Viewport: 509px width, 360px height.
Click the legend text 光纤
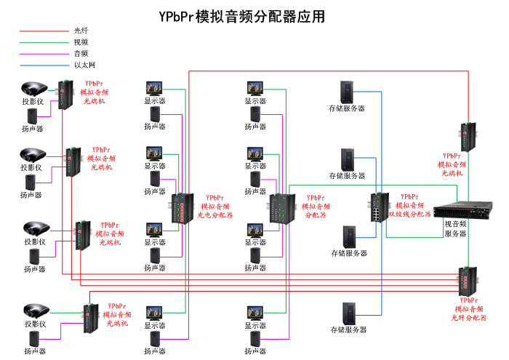81,31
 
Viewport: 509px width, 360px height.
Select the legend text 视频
81,42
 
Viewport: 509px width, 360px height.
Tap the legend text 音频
81,53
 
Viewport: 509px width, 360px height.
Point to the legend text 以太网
84,65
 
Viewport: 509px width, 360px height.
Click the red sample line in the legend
42,31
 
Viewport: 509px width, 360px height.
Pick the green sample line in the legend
42,42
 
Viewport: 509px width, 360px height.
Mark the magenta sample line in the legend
42,53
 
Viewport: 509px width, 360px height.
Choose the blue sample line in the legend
42,65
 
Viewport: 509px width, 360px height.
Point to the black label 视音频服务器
455,228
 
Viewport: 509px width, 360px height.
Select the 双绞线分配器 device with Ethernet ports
379,209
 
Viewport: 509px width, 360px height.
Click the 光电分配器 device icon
182,209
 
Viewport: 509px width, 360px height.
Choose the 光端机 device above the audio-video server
466,135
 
